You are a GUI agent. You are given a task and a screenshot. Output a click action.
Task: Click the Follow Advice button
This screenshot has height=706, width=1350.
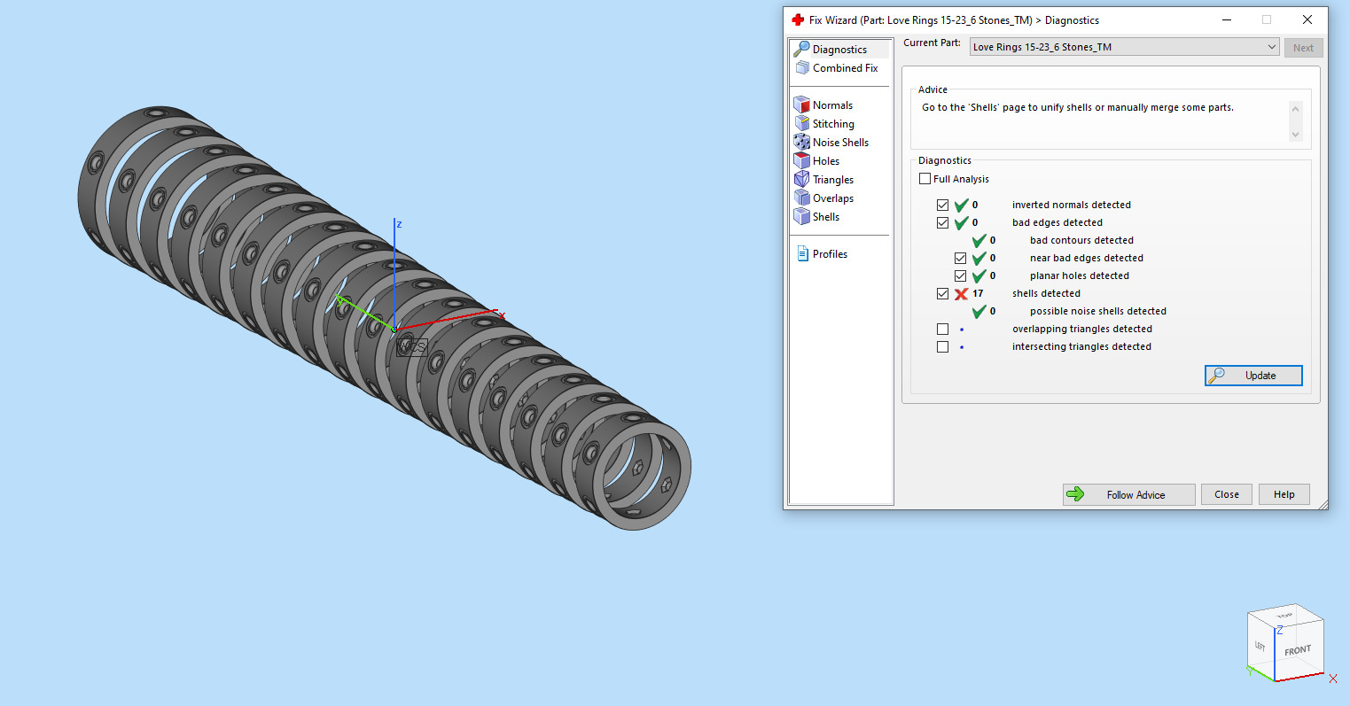tap(1128, 494)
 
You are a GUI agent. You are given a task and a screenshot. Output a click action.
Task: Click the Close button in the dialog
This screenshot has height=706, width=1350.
tap(1227, 494)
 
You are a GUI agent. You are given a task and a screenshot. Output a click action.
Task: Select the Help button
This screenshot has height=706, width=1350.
tap(1284, 494)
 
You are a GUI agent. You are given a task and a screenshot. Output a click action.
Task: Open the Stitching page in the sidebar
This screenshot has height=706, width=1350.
tap(832, 124)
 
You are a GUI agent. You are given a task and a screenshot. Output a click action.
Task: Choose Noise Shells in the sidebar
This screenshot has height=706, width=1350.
tap(839, 143)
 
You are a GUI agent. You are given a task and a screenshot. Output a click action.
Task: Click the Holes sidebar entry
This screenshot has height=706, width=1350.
tap(825, 161)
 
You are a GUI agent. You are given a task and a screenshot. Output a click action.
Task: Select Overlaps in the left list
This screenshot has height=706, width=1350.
tap(832, 198)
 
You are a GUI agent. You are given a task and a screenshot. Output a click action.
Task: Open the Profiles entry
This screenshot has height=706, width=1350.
tap(829, 254)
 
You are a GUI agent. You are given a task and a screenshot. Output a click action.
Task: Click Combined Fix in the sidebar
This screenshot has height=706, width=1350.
tap(844, 68)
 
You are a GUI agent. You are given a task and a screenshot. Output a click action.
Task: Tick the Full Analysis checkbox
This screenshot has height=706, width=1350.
tap(925, 179)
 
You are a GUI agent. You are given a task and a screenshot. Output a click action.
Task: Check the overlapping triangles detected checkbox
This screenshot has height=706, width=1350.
tap(943, 329)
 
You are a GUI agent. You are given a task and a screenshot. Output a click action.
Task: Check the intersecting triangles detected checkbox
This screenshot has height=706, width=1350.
tap(943, 346)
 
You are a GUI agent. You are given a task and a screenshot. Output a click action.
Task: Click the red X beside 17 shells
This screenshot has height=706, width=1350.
tap(961, 293)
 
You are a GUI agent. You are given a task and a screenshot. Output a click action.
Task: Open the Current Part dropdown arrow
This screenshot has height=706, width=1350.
tap(1271, 47)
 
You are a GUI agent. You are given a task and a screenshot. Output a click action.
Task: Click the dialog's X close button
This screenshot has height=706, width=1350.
tap(1307, 19)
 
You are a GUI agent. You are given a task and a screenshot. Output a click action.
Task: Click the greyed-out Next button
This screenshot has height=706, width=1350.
tap(1303, 48)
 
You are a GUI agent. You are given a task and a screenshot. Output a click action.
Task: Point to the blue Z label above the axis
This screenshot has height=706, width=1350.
tap(399, 224)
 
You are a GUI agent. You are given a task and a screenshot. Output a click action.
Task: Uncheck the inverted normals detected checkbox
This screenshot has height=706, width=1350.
tap(943, 205)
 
